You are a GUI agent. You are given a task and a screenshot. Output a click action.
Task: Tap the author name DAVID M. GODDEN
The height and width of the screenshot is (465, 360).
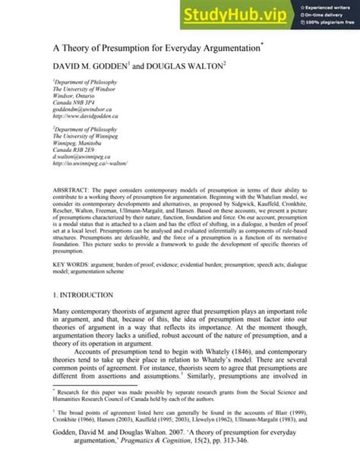97,68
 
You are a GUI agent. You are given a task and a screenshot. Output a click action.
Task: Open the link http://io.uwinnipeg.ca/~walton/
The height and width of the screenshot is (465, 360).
90,163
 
